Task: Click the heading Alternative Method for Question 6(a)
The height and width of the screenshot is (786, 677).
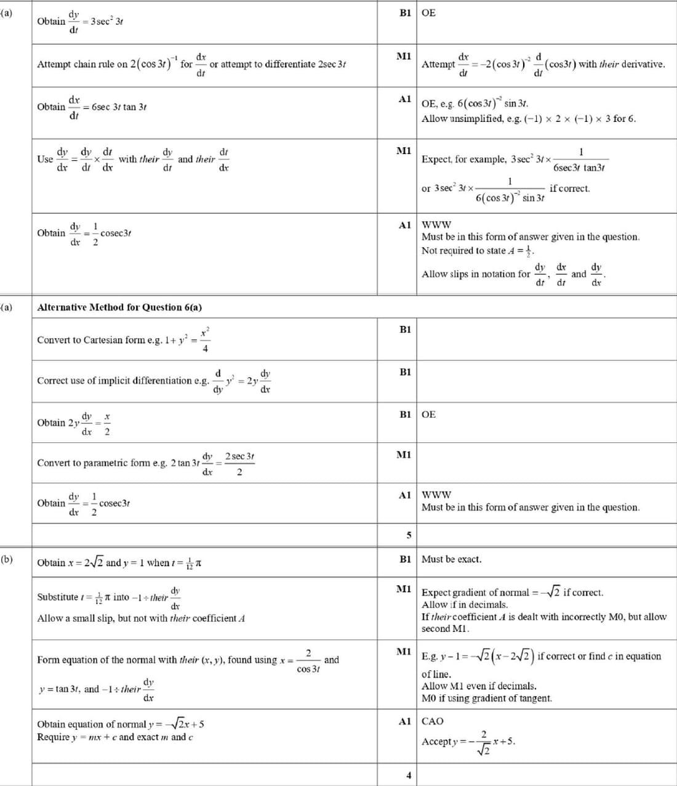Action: pyautogui.click(x=119, y=307)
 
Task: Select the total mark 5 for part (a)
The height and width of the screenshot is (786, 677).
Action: pyautogui.click(x=409, y=535)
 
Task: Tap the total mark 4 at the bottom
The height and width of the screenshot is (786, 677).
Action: pyautogui.click(x=409, y=776)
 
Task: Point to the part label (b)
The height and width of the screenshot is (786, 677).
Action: pyautogui.click(x=6, y=559)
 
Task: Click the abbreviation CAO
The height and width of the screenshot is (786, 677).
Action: pyautogui.click(x=432, y=721)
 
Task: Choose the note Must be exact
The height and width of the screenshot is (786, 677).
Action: pyautogui.click(x=451, y=559)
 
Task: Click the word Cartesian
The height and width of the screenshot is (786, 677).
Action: pyautogui.click(x=105, y=340)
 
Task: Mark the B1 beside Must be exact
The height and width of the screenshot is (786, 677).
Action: pyautogui.click(x=405, y=559)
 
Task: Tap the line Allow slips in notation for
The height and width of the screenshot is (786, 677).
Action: pyautogui.click(x=475, y=274)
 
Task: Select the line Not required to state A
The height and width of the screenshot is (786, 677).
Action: pyautogui.click(x=478, y=251)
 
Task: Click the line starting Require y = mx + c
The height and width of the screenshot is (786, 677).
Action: pyautogui.click(x=114, y=737)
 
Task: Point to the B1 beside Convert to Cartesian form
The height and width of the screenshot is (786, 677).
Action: pyautogui.click(x=405, y=330)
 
